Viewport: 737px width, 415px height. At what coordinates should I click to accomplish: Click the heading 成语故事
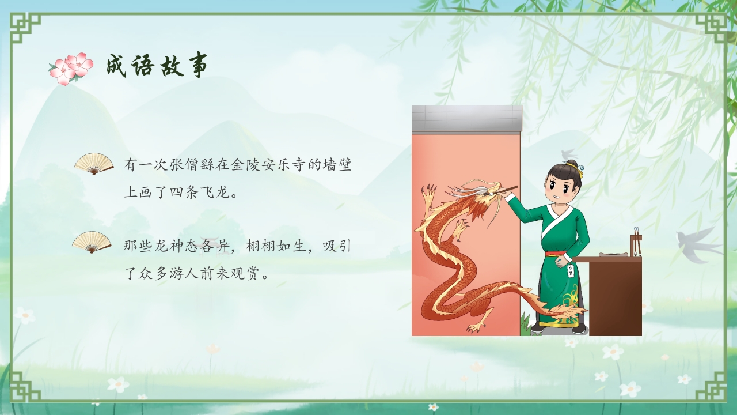[x=157, y=66]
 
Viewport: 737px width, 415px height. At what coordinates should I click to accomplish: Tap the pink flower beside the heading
[x=71, y=68]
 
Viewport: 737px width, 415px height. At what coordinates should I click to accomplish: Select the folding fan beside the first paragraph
[x=94, y=163]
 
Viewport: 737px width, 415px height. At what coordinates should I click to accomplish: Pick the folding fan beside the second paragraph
[x=92, y=242]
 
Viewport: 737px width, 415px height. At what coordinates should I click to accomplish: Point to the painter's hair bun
[x=571, y=165]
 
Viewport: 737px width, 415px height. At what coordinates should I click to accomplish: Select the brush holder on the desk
[x=636, y=242]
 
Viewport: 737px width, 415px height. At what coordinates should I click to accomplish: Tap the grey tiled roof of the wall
[x=466, y=118]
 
